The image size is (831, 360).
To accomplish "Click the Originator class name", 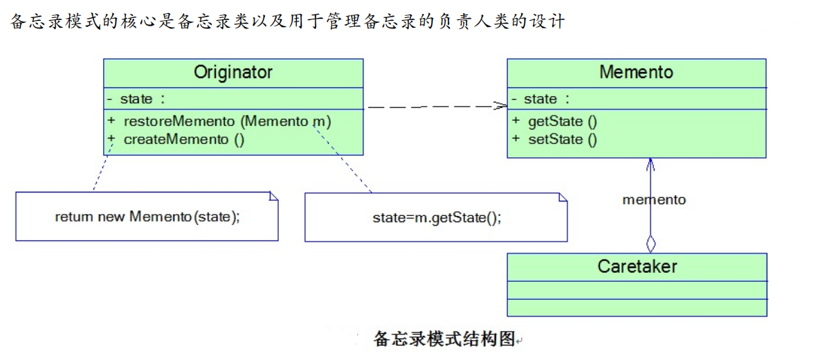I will [233, 73].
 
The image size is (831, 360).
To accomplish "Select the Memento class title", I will [636, 73].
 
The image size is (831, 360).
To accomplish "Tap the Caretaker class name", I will [637, 267].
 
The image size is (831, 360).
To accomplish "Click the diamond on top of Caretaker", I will [650, 244].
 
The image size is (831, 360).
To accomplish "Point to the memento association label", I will [654, 200].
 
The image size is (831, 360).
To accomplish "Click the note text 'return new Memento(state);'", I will [147, 217].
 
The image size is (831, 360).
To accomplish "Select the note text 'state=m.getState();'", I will [437, 217].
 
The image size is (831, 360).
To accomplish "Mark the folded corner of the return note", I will [273, 197].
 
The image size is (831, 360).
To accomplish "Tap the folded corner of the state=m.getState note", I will [563, 197].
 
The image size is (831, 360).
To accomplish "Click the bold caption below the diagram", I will [445, 339].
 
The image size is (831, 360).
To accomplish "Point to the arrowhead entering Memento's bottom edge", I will [650, 163].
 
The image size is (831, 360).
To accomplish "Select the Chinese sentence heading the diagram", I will [287, 21].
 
